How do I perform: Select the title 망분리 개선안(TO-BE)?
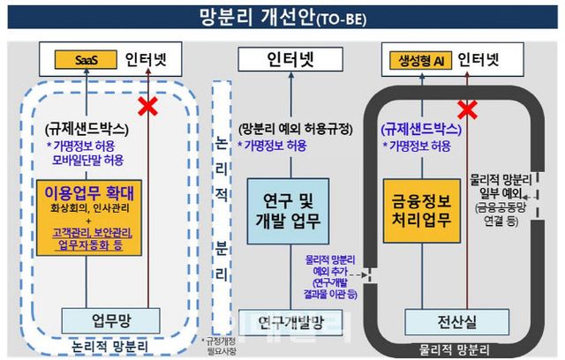click(x=282, y=16)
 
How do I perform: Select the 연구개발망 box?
click(x=289, y=319)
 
